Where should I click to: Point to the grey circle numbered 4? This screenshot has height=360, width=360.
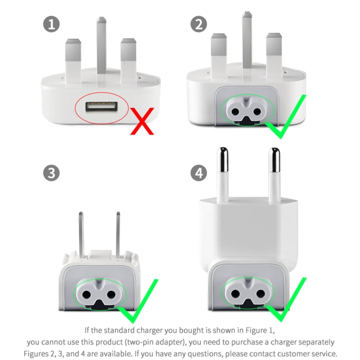click(199, 173)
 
